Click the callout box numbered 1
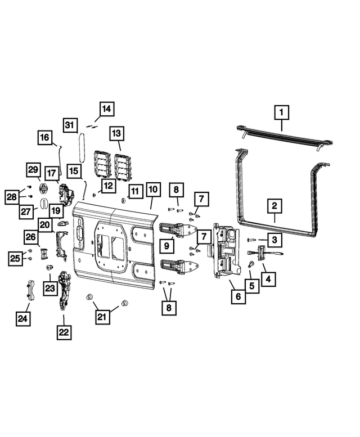281,112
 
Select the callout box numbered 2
274,206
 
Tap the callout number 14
107,108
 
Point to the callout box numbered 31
70,124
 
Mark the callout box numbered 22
64,332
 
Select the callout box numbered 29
33,169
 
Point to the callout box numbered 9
168,245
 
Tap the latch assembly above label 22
64,290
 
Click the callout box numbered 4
267,277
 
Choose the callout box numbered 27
26,211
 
